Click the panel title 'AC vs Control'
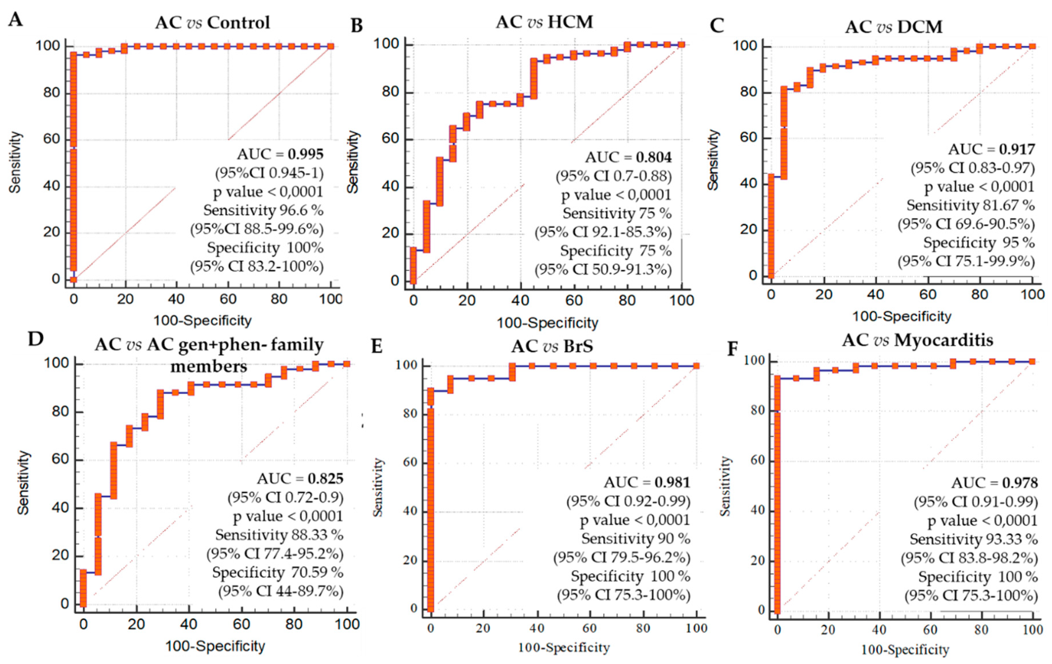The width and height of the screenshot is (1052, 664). (x=213, y=23)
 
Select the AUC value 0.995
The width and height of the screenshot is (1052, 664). (x=306, y=154)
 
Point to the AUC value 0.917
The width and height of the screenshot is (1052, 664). (x=1017, y=149)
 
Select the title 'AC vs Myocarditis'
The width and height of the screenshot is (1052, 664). (x=918, y=340)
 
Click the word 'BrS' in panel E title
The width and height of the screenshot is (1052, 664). (x=578, y=346)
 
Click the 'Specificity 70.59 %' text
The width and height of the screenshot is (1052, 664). (x=278, y=572)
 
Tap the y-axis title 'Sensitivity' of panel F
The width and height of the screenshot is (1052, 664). (x=725, y=486)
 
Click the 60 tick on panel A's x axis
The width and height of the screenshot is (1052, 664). (x=228, y=300)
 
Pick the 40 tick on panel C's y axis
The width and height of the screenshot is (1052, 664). (x=749, y=184)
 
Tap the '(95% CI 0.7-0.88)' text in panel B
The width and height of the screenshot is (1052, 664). (x=613, y=176)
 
